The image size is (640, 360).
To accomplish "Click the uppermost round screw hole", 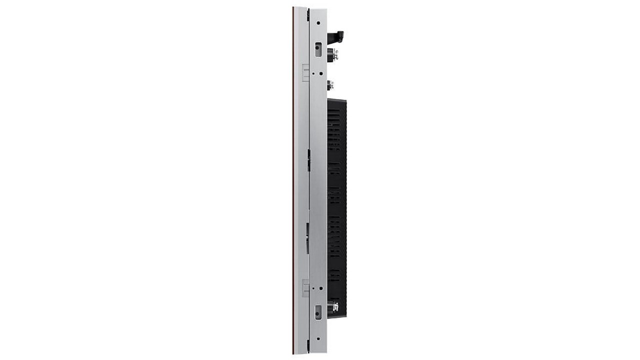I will (x=318, y=23).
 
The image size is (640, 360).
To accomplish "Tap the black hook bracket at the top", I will (x=336, y=37).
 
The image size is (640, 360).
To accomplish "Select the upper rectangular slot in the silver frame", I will (x=318, y=48).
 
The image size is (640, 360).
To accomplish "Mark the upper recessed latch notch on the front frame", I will (x=305, y=72).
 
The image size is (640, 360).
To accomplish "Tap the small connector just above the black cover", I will (x=330, y=85).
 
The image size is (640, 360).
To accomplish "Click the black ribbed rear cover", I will (x=337, y=200).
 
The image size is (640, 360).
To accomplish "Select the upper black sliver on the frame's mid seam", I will (x=308, y=160).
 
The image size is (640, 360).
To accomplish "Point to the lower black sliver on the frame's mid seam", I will (x=307, y=237).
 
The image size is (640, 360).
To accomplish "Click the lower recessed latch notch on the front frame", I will (x=305, y=287).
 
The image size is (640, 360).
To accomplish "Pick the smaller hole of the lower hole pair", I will (x=313, y=288).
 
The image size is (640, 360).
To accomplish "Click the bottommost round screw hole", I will (x=318, y=338).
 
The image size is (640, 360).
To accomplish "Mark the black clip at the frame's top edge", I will (x=308, y=14).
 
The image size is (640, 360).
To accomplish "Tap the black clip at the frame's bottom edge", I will (x=308, y=345).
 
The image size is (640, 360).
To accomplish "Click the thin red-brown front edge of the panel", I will (x=293, y=180).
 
